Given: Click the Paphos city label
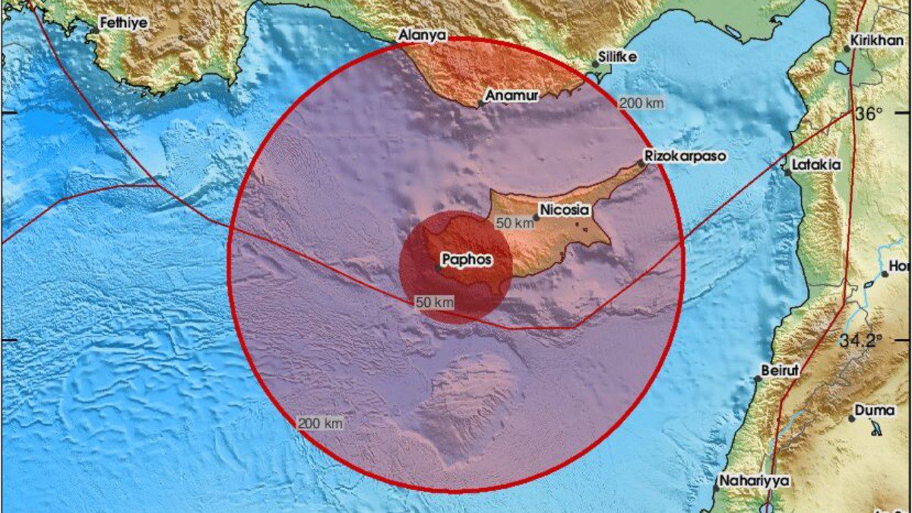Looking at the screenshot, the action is pos(467,260).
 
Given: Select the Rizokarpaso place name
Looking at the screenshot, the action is pos(685,156).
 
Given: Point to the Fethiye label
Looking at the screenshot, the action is pos(124,23).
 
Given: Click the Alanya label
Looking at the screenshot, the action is pos(423,36).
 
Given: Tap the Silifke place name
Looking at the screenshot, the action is pos(617,57).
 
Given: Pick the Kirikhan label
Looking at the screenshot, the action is pos(879,40).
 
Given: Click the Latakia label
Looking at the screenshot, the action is pos(816,164).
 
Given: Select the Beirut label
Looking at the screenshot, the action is pos(781,371).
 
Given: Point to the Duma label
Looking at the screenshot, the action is pos(875,410).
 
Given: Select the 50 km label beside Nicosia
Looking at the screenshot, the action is pos(515,223).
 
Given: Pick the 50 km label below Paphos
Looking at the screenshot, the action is pos(435,302).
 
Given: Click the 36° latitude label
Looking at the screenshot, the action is pos(869,115).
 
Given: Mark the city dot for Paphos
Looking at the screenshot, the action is pos(439,268).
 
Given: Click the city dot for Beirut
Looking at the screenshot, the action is pos(758,378).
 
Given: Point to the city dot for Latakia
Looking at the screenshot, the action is pos(788,173).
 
